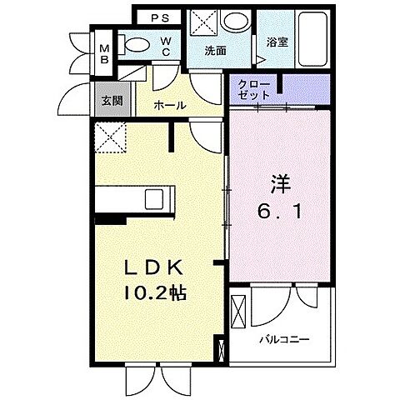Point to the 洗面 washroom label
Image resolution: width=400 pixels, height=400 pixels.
coord(216,51)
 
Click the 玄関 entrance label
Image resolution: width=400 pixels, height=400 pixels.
coord(111,100)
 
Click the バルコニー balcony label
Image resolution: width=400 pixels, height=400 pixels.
coord(283,339)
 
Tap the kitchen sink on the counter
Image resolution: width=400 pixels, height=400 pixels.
coord(156,200)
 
